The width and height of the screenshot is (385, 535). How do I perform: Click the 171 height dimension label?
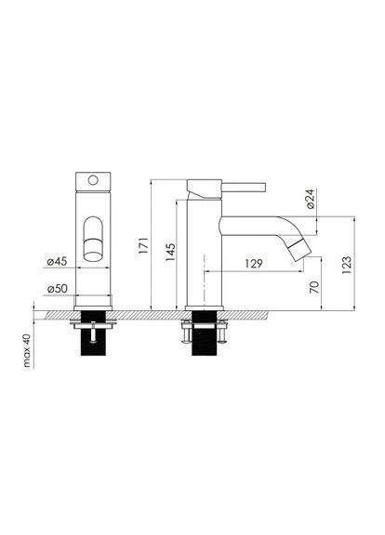pos(144,245)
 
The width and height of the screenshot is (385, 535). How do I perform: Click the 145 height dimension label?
pos(170,252)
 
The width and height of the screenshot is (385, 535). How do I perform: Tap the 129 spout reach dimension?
pos(254,264)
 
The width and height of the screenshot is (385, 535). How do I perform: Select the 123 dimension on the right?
pos(346,265)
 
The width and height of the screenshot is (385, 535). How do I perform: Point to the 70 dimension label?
pos(314,287)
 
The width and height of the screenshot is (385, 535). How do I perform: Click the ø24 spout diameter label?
pos(311,199)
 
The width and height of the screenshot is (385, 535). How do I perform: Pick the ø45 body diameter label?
pos(57,262)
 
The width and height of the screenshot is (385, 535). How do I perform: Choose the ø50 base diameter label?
pos(58,289)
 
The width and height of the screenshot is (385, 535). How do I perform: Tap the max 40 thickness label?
pos(27,350)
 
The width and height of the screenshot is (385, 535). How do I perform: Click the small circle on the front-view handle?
pos(93,180)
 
